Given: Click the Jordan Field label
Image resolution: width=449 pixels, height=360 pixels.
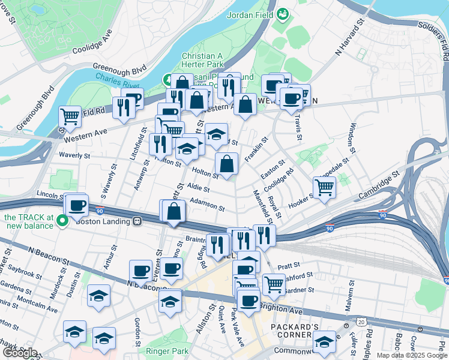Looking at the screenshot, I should tap(250, 15).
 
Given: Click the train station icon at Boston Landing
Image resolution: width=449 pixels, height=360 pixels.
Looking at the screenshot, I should tap(137, 221).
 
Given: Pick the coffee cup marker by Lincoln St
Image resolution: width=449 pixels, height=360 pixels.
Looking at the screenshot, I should tap(77, 206).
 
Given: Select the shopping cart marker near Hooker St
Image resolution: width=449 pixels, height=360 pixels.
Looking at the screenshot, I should tap(324, 187).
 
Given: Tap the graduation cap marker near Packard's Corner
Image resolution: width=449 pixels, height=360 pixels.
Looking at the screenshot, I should tap(325, 341).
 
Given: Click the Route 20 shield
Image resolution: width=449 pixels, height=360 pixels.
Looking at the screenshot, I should tap(361, 322).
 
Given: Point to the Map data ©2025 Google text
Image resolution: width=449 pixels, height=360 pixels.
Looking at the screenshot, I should tap(411, 355).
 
